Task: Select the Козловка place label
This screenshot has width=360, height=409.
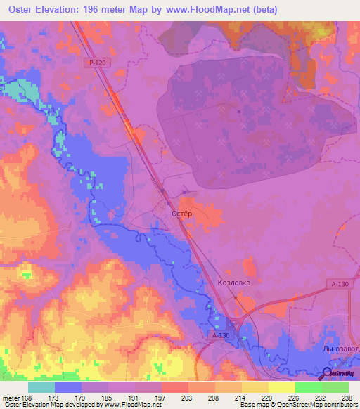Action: click(x=233, y=282)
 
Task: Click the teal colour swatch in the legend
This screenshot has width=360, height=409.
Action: click(x=41, y=387)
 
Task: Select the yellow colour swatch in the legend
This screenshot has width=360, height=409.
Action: click(x=281, y=387)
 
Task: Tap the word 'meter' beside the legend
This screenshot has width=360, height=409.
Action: click(x=10, y=397)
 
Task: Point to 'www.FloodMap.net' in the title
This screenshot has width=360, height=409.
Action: click(x=211, y=10)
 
